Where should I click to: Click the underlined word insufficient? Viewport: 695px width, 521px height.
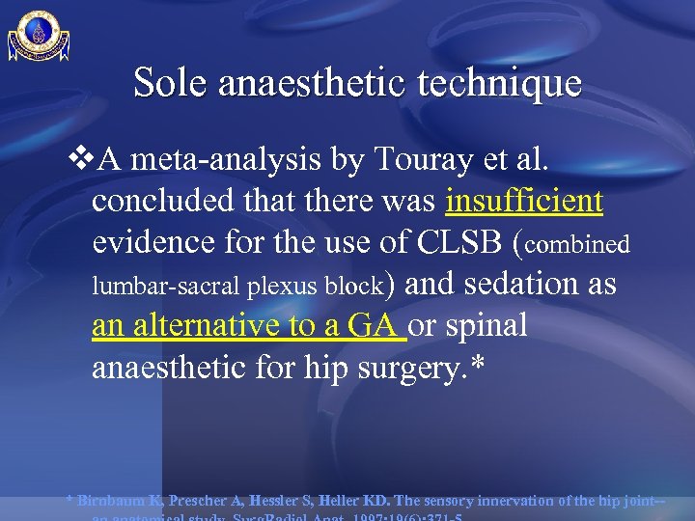point(525,201)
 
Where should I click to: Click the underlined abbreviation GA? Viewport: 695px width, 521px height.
point(373,326)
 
